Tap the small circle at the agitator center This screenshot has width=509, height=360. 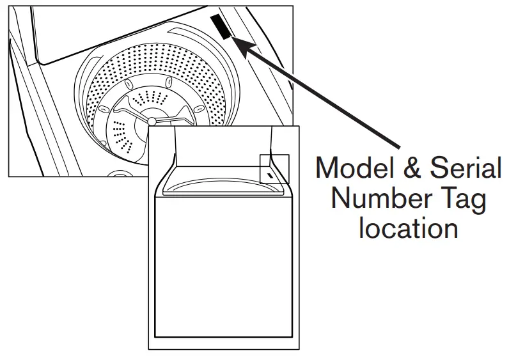tap(152, 121)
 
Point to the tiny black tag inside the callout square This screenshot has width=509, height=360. tap(271, 173)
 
